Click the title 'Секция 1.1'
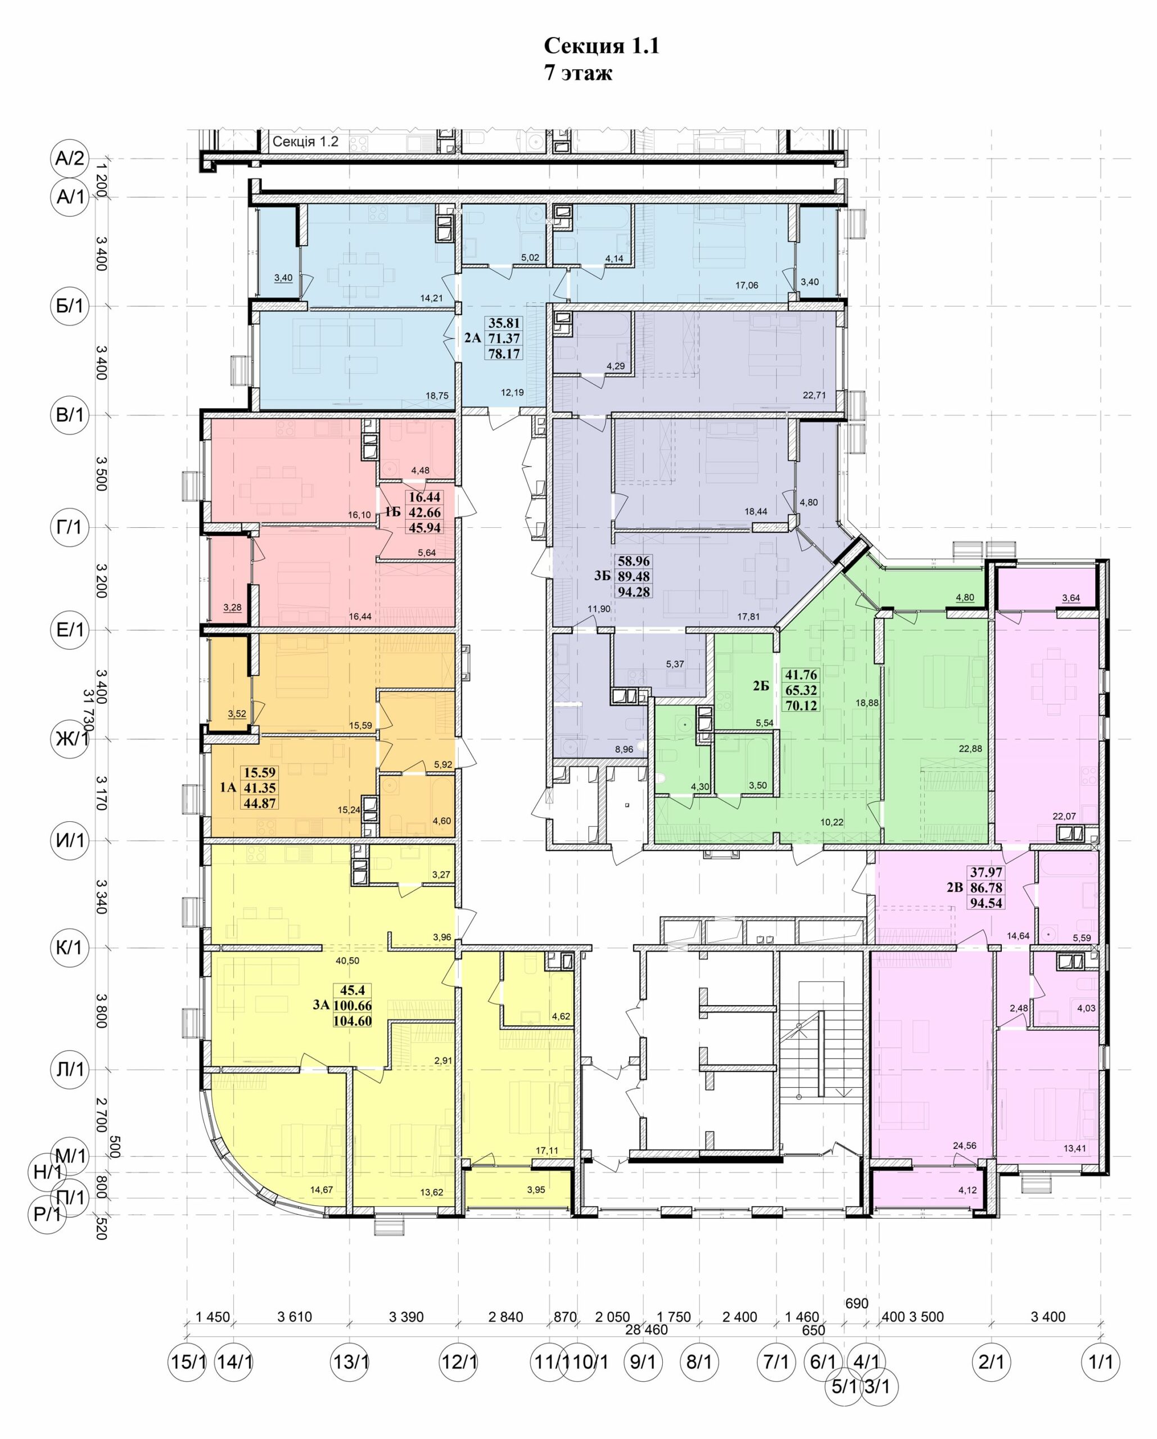(x=601, y=46)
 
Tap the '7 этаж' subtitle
(x=578, y=73)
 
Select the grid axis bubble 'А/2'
(x=70, y=159)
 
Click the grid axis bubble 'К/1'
(x=70, y=948)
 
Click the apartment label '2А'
(x=473, y=338)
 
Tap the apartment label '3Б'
(x=603, y=576)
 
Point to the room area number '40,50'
(x=348, y=961)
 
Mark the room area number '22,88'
(x=971, y=748)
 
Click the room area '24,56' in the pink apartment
(x=965, y=1146)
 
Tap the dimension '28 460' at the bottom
(x=647, y=1329)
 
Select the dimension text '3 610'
(x=295, y=1317)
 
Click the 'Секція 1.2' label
(x=305, y=142)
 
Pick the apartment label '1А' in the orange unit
(x=228, y=788)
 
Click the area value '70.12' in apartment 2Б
(x=801, y=705)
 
